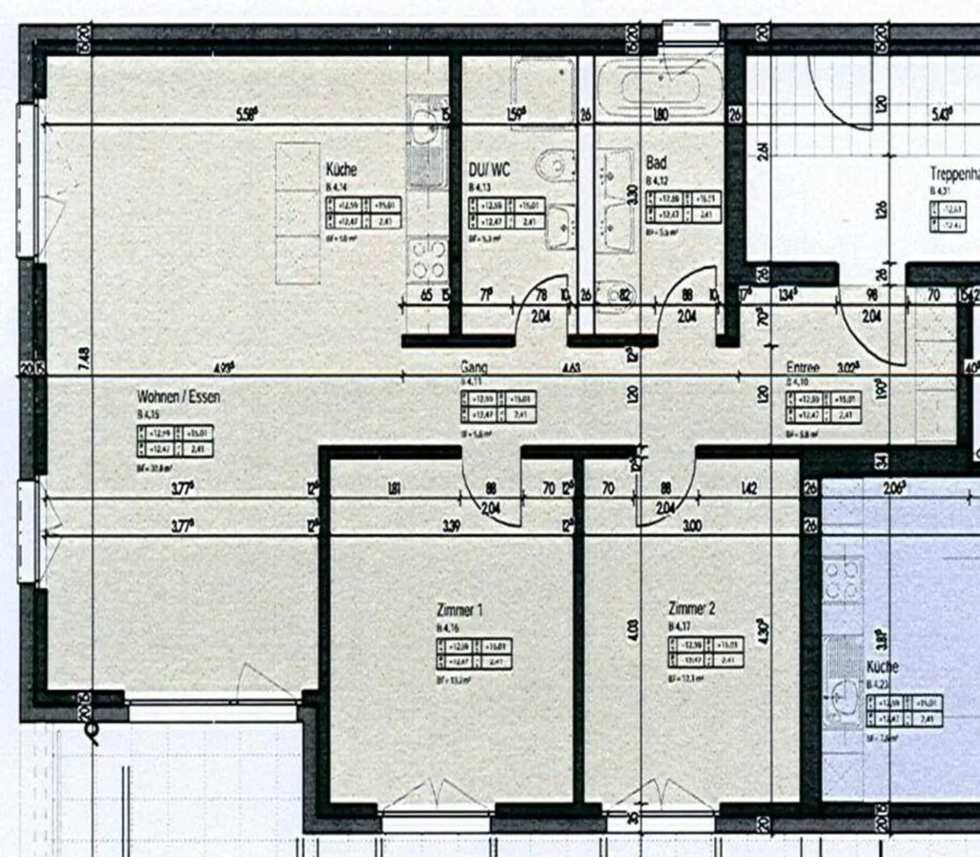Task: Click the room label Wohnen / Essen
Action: (178, 396)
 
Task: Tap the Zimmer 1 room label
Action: (459, 610)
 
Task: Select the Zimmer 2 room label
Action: (691, 608)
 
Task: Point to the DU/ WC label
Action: (489, 169)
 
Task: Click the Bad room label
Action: (656, 163)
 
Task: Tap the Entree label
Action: (803, 367)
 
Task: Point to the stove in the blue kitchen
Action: (842, 579)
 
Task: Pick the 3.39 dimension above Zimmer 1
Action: (451, 526)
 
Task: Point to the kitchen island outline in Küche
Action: (297, 213)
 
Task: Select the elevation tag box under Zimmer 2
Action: (706, 653)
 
